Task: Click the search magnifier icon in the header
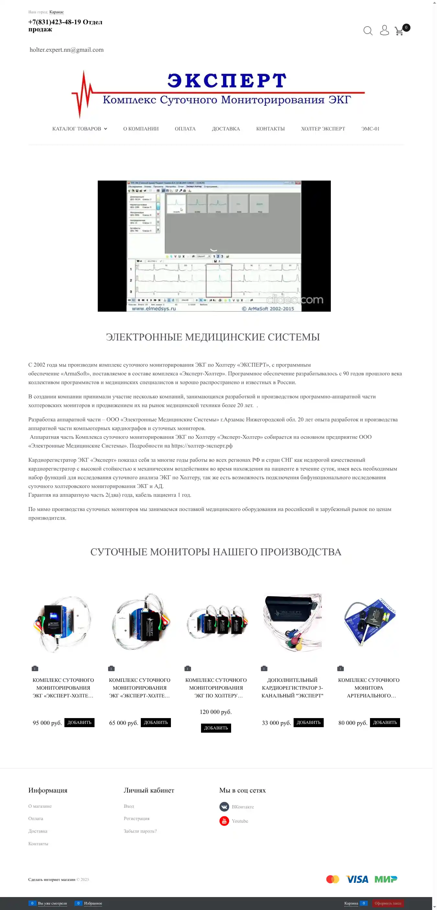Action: click(368, 31)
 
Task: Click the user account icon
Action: click(384, 30)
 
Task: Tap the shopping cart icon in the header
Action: click(399, 31)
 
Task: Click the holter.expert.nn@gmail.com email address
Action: click(66, 50)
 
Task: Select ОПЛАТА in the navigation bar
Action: click(185, 129)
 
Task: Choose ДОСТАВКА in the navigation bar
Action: click(226, 129)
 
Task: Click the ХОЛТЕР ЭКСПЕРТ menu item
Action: click(323, 129)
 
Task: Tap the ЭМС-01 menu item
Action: click(370, 129)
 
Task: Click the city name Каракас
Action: click(57, 12)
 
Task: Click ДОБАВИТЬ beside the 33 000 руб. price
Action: click(308, 722)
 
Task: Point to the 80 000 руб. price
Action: click(353, 723)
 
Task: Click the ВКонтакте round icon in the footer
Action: click(224, 806)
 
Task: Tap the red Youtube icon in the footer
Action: click(224, 821)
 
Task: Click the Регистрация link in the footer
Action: click(136, 818)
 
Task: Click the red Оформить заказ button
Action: click(387, 903)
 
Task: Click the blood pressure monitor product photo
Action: click(369, 622)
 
